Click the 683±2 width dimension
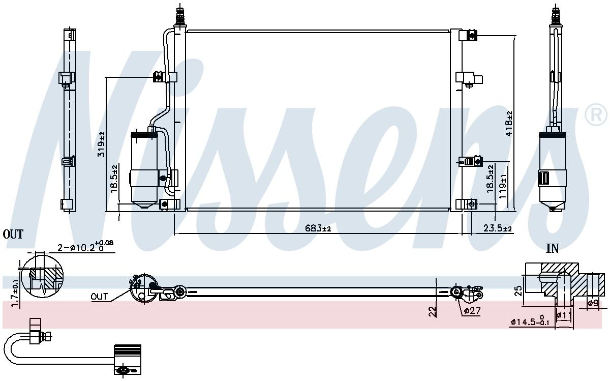pyautogui.click(x=318, y=228)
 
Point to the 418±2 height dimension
pyautogui.click(x=508, y=124)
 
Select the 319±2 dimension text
pyautogui.click(x=101, y=144)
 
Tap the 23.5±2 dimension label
pyautogui.click(x=498, y=228)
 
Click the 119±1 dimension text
pyautogui.click(x=503, y=186)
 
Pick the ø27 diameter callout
pyautogui.click(x=472, y=310)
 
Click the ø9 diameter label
pyautogui.click(x=593, y=303)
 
